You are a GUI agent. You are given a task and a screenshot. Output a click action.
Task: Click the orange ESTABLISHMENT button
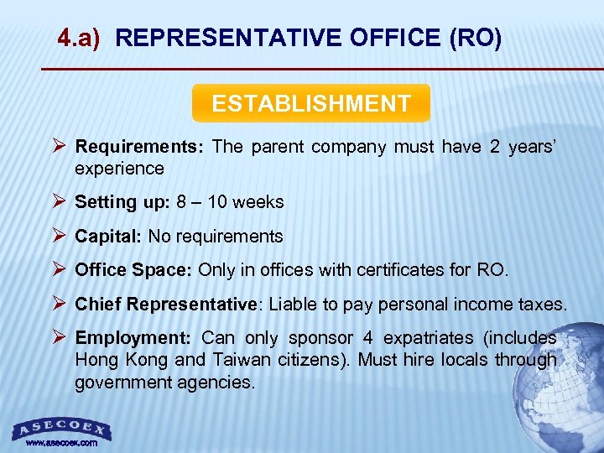(x=310, y=103)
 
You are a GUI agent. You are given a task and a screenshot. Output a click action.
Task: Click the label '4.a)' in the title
(x=79, y=38)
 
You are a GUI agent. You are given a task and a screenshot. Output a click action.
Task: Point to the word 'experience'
(x=119, y=169)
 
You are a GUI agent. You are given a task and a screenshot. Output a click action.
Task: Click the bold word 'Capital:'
(x=108, y=237)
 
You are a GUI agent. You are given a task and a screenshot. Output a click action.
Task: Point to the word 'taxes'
(x=543, y=305)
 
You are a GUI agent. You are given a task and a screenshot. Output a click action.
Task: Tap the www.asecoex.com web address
(x=61, y=442)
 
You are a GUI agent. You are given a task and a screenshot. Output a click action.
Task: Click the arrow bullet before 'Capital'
(x=59, y=237)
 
